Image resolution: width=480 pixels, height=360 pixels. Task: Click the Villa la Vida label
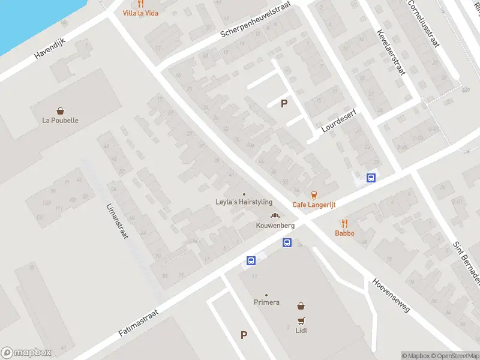[x=140, y=13]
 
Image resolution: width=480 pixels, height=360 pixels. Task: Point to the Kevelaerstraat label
[x=391, y=52]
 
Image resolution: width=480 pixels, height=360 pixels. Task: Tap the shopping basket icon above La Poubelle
[x=61, y=110]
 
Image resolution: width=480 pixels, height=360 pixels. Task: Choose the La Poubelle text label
[x=61, y=120]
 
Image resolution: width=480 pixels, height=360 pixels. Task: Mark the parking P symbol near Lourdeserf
[x=284, y=103]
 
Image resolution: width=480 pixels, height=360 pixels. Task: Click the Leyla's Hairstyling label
[x=244, y=202]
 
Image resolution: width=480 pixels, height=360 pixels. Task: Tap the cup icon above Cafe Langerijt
[x=314, y=194]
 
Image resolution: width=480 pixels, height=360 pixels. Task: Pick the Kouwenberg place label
[x=275, y=225]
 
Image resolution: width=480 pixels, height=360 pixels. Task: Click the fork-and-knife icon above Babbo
[x=344, y=223]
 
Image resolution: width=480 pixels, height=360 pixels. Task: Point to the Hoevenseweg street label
[x=391, y=295]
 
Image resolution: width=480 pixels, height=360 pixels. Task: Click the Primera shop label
[x=266, y=302]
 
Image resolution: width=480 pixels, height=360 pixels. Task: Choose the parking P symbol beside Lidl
[x=244, y=335]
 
